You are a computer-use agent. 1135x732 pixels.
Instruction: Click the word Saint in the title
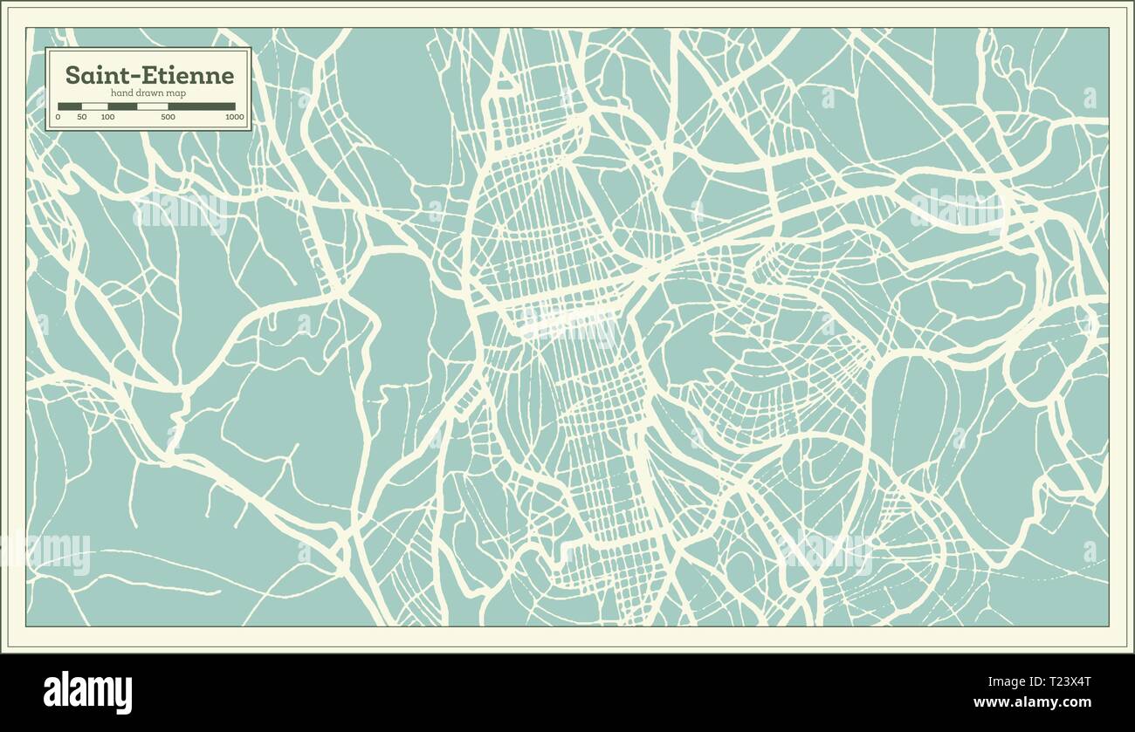(x=93, y=76)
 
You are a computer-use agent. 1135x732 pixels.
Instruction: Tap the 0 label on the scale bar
(x=58, y=117)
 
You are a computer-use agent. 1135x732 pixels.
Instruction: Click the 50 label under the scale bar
(x=81, y=117)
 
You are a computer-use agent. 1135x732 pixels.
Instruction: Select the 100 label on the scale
(x=107, y=117)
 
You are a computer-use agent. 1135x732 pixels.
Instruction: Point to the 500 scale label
(x=169, y=117)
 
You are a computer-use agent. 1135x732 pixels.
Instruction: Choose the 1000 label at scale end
(x=234, y=117)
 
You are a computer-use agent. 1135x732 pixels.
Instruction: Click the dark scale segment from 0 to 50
(x=70, y=106)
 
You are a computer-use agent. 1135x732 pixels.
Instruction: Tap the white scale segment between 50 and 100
(x=94, y=106)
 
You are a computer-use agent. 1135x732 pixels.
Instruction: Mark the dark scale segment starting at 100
(x=122, y=106)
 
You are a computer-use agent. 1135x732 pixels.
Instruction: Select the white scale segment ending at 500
(x=153, y=106)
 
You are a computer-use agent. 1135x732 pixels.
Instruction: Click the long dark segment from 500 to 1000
(x=202, y=106)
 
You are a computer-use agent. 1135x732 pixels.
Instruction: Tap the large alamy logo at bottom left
(x=87, y=692)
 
